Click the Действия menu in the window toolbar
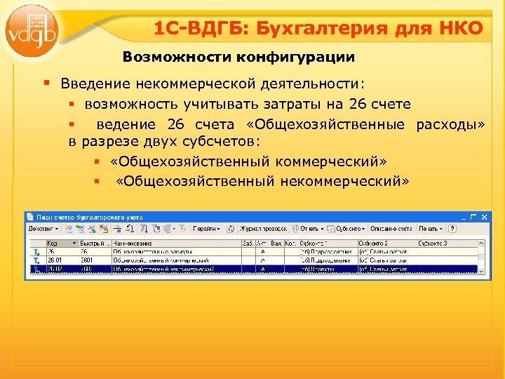click(x=43, y=229)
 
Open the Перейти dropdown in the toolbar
click(x=207, y=229)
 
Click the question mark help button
click(x=452, y=229)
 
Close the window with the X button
click(x=474, y=217)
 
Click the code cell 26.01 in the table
click(x=54, y=259)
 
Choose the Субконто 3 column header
click(x=431, y=243)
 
